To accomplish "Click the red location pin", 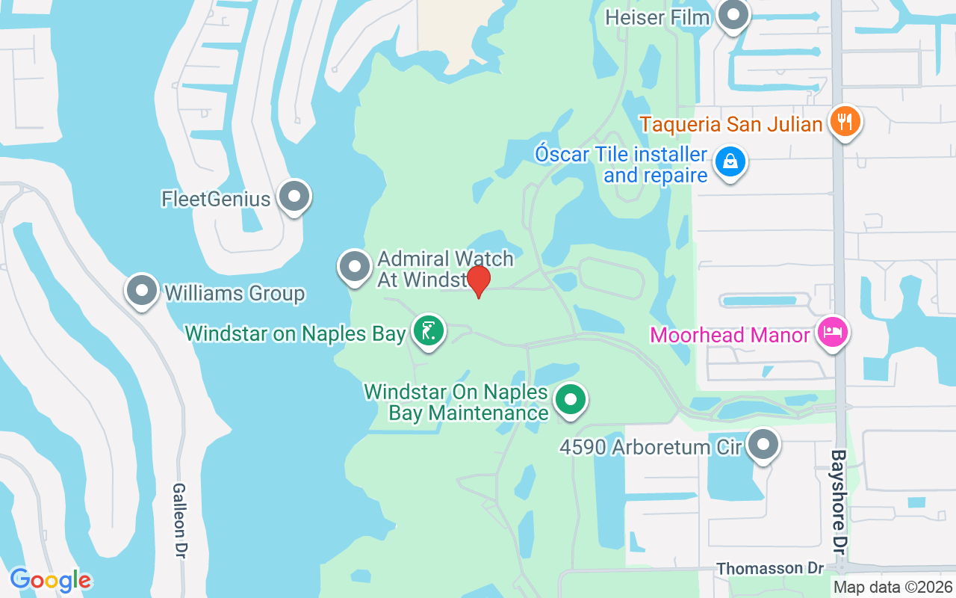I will pos(478,281).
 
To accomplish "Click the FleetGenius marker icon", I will pos(294,197).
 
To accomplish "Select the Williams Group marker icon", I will pos(141,291).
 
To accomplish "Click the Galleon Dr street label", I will pos(179,520).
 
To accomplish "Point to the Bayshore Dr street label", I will pos(839,502).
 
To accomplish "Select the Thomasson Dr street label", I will pos(770,569).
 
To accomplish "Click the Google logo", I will pos(50,580).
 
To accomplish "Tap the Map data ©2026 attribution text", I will pos(893,588).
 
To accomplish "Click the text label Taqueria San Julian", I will pos(731,123).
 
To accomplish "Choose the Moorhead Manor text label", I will pos(730,335).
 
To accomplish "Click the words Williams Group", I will pos(235,293).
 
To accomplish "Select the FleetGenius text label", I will pos(216,199).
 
